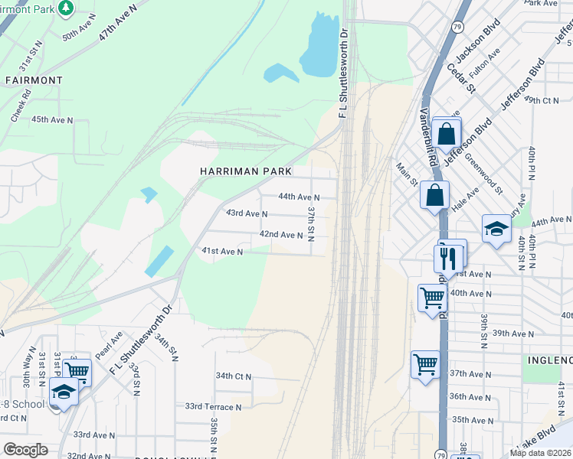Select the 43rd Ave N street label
coord(245,214)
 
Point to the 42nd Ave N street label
coord(281,235)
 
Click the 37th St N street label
coord(311,222)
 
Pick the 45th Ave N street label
coord(51,120)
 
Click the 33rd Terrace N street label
coord(213,407)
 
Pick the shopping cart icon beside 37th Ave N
coord(425,365)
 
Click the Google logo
coord(25,450)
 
